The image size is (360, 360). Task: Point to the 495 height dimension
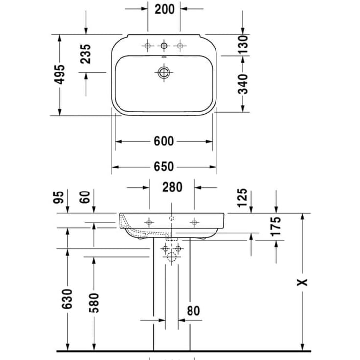point(60,74)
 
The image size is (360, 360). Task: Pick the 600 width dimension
point(164,142)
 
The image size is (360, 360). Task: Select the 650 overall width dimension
point(164,167)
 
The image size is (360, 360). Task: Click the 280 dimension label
point(171,187)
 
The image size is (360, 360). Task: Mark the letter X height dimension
point(304,282)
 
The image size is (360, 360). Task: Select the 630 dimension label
point(67,300)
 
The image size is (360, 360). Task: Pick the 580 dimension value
point(94,303)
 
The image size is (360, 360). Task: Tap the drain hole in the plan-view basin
point(164,72)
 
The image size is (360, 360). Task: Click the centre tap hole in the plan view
point(164,46)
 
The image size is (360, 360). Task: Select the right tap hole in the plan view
point(180,46)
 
